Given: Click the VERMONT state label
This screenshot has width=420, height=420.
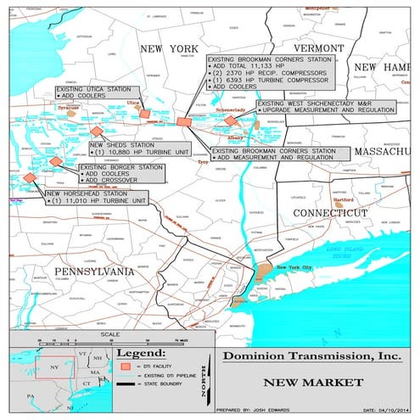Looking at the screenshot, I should (317, 48).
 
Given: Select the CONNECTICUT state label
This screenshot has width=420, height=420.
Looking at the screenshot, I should (329, 212).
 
